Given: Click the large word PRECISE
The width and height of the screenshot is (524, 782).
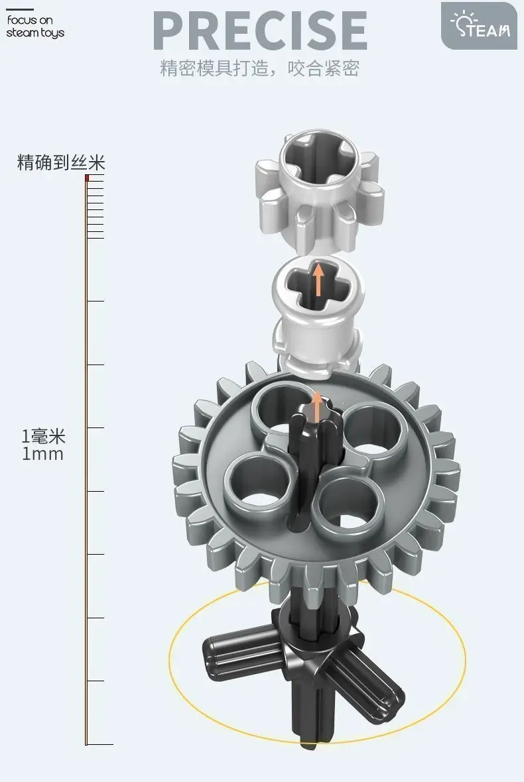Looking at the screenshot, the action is pyautogui.click(x=260, y=30).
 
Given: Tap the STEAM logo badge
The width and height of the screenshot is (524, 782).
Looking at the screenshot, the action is pyautogui.click(x=479, y=26).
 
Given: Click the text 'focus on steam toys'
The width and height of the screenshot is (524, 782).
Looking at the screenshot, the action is pyautogui.click(x=35, y=27).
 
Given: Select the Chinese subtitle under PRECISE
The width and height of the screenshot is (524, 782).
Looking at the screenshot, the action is pyautogui.click(x=260, y=68).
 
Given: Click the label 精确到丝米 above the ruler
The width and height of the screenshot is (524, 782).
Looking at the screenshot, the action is pyautogui.click(x=61, y=162).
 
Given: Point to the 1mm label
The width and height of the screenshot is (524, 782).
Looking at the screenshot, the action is pyautogui.click(x=43, y=454).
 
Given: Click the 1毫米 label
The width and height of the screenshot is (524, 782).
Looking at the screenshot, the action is pyautogui.click(x=43, y=436).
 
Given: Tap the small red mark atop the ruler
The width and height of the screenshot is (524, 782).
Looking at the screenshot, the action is pyautogui.click(x=87, y=178).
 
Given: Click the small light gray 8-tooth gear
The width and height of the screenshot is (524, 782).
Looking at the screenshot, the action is pyautogui.click(x=320, y=190).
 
